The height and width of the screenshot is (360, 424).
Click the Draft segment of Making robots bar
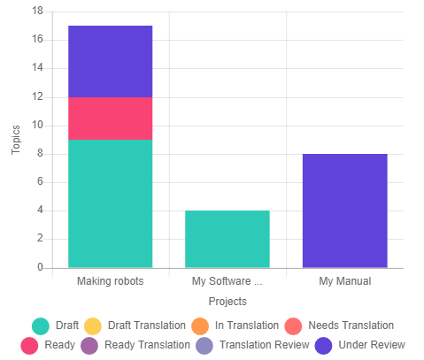click(x=110, y=203)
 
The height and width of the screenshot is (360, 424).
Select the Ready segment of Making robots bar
click(x=110, y=119)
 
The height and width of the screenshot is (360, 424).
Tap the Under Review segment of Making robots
click(x=110, y=61)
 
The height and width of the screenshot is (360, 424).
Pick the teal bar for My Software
click(x=227, y=239)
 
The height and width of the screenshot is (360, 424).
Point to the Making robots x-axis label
click(x=110, y=281)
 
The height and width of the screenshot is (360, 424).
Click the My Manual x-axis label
click(x=344, y=281)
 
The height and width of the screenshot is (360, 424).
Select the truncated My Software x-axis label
click(x=227, y=281)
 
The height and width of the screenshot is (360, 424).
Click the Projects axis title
click(x=227, y=301)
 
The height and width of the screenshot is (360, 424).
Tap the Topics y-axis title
click(x=16, y=139)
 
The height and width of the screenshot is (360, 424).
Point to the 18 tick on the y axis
click(x=37, y=11)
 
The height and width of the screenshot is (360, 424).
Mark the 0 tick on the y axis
click(x=40, y=267)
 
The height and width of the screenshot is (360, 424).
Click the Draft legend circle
click(x=40, y=326)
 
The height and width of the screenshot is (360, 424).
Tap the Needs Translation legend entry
click(x=340, y=326)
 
